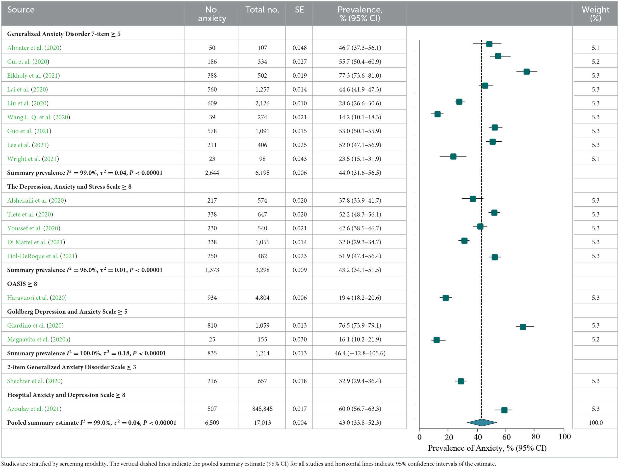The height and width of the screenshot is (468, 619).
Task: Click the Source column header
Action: (21, 10)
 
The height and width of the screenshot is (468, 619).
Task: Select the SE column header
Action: (299, 10)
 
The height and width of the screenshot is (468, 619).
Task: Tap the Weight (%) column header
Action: (595, 14)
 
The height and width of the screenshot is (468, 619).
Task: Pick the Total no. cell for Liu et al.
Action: (262, 103)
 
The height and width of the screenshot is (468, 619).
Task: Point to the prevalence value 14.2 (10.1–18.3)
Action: (360, 117)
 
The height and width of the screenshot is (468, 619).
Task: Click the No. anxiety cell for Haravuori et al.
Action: (212, 298)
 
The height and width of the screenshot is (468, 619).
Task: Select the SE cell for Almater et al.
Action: (299, 48)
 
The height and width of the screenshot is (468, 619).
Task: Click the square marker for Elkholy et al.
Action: (526, 71)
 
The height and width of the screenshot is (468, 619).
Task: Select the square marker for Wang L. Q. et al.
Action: (438, 114)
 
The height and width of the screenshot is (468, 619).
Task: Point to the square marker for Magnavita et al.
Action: (437, 340)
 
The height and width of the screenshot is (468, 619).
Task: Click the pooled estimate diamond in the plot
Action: (482, 422)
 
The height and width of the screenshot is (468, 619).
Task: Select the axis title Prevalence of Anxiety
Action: (487, 448)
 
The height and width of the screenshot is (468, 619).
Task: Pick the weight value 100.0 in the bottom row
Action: (595, 423)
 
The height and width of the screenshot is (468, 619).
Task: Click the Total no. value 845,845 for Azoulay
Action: (262, 408)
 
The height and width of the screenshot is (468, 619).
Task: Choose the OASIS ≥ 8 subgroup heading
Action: (22, 283)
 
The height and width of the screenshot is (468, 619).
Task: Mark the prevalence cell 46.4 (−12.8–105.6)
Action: (360, 353)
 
